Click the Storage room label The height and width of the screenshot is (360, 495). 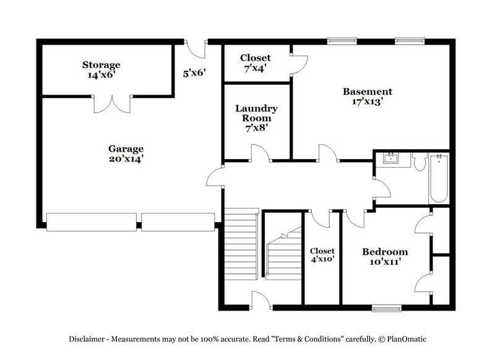101,69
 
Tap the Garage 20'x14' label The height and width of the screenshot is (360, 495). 126,153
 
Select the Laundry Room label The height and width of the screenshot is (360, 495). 256,118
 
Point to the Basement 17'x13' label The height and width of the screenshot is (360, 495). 368,97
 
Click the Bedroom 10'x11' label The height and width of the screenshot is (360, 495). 385,257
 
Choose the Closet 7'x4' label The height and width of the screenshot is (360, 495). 256,62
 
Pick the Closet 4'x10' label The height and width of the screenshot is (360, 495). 322,255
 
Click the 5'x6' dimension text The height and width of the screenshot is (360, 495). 194,72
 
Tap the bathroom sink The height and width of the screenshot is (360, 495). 391,160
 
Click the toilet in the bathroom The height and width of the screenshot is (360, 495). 419,163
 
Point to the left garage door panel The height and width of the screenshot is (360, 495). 92,222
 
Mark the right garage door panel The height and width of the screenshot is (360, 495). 178,222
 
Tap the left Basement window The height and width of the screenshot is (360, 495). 342,41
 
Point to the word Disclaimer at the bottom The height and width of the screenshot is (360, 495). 89,339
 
